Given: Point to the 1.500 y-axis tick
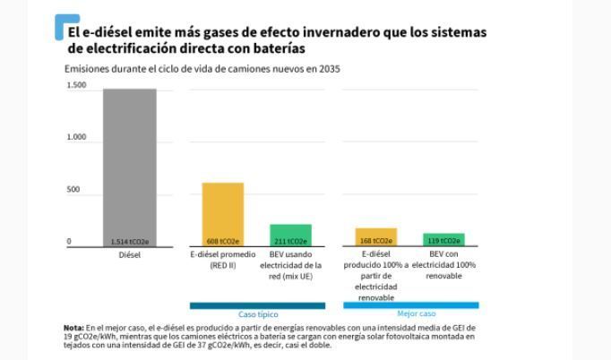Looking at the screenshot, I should click(x=76, y=86).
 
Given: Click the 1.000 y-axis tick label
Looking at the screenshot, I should click(x=76, y=138).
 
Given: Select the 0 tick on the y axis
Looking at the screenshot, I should click(x=68, y=242).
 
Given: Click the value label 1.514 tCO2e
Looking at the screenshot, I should click(x=129, y=242).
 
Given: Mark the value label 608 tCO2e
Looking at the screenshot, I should click(x=222, y=242).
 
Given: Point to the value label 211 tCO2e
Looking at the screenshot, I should click(x=290, y=242).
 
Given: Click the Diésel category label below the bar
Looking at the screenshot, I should click(x=129, y=255).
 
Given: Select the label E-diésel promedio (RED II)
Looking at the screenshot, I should click(x=222, y=261).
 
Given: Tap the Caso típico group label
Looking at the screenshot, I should click(x=257, y=315).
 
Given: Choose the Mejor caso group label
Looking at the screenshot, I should click(x=416, y=314).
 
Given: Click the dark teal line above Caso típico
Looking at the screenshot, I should click(x=257, y=305).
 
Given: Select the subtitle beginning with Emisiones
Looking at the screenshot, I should click(x=202, y=69).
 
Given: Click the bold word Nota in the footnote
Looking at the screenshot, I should click(x=73, y=328).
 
